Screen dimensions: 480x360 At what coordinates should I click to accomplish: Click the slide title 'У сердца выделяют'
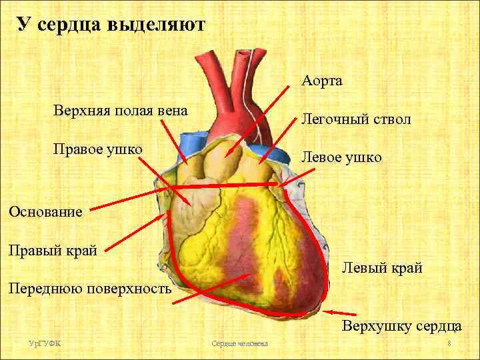point(111,25)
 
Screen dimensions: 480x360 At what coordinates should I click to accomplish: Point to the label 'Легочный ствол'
point(356,119)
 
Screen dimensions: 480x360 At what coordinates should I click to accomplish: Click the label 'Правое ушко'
point(98,147)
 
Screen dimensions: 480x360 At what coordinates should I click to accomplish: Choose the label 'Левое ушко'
point(342,157)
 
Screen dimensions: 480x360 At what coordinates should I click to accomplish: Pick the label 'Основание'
point(45,212)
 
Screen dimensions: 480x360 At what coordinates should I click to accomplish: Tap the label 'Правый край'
point(53,251)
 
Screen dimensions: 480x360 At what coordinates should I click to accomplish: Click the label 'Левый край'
point(382,268)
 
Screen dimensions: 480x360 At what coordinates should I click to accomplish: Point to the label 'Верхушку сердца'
point(402,326)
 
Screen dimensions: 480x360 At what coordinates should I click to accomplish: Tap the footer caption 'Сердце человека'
point(239,343)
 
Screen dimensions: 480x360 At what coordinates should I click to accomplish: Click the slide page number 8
point(449,343)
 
